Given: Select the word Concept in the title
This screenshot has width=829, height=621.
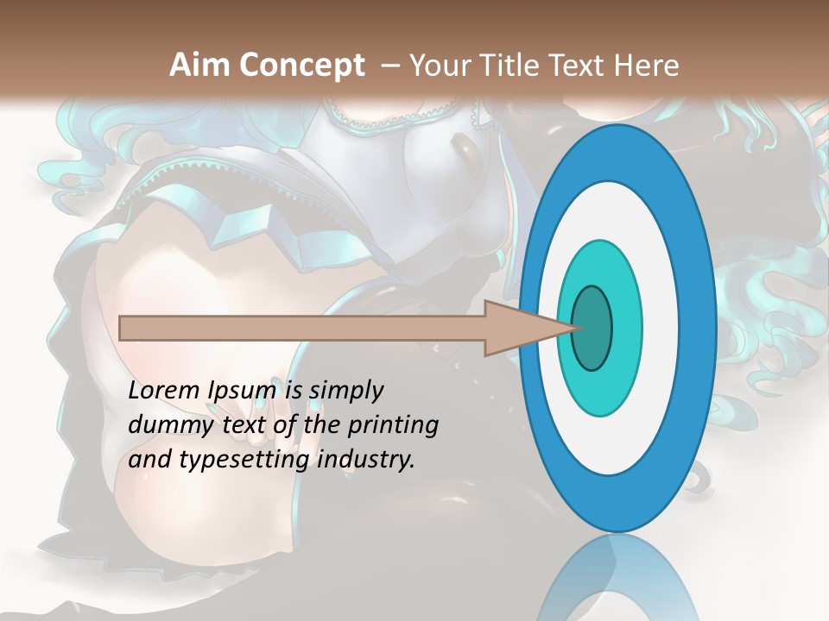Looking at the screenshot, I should point(302,66).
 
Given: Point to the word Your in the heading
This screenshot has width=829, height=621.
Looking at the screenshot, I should point(440,66).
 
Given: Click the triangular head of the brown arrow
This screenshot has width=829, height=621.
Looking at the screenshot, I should point(518,329).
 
